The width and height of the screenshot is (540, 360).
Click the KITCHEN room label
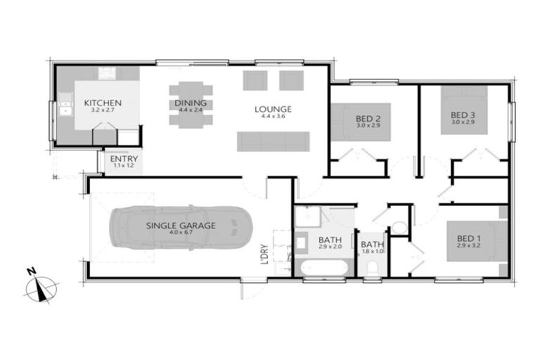(103, 103)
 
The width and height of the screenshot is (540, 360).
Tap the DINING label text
(191, 103)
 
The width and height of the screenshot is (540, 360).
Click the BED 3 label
(463, 115)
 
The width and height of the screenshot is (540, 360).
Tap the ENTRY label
(124, 160)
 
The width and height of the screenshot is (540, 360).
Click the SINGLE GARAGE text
(181, 226)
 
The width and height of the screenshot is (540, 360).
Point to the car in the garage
(181, 227)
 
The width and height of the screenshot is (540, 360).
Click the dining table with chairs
(191, 105)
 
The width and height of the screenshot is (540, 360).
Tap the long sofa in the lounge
(273, 141)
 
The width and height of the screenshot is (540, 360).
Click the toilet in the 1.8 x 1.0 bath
(373, 267)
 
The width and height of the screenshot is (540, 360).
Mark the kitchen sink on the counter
(66, 106)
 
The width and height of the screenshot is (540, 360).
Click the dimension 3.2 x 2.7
(103, 110)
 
